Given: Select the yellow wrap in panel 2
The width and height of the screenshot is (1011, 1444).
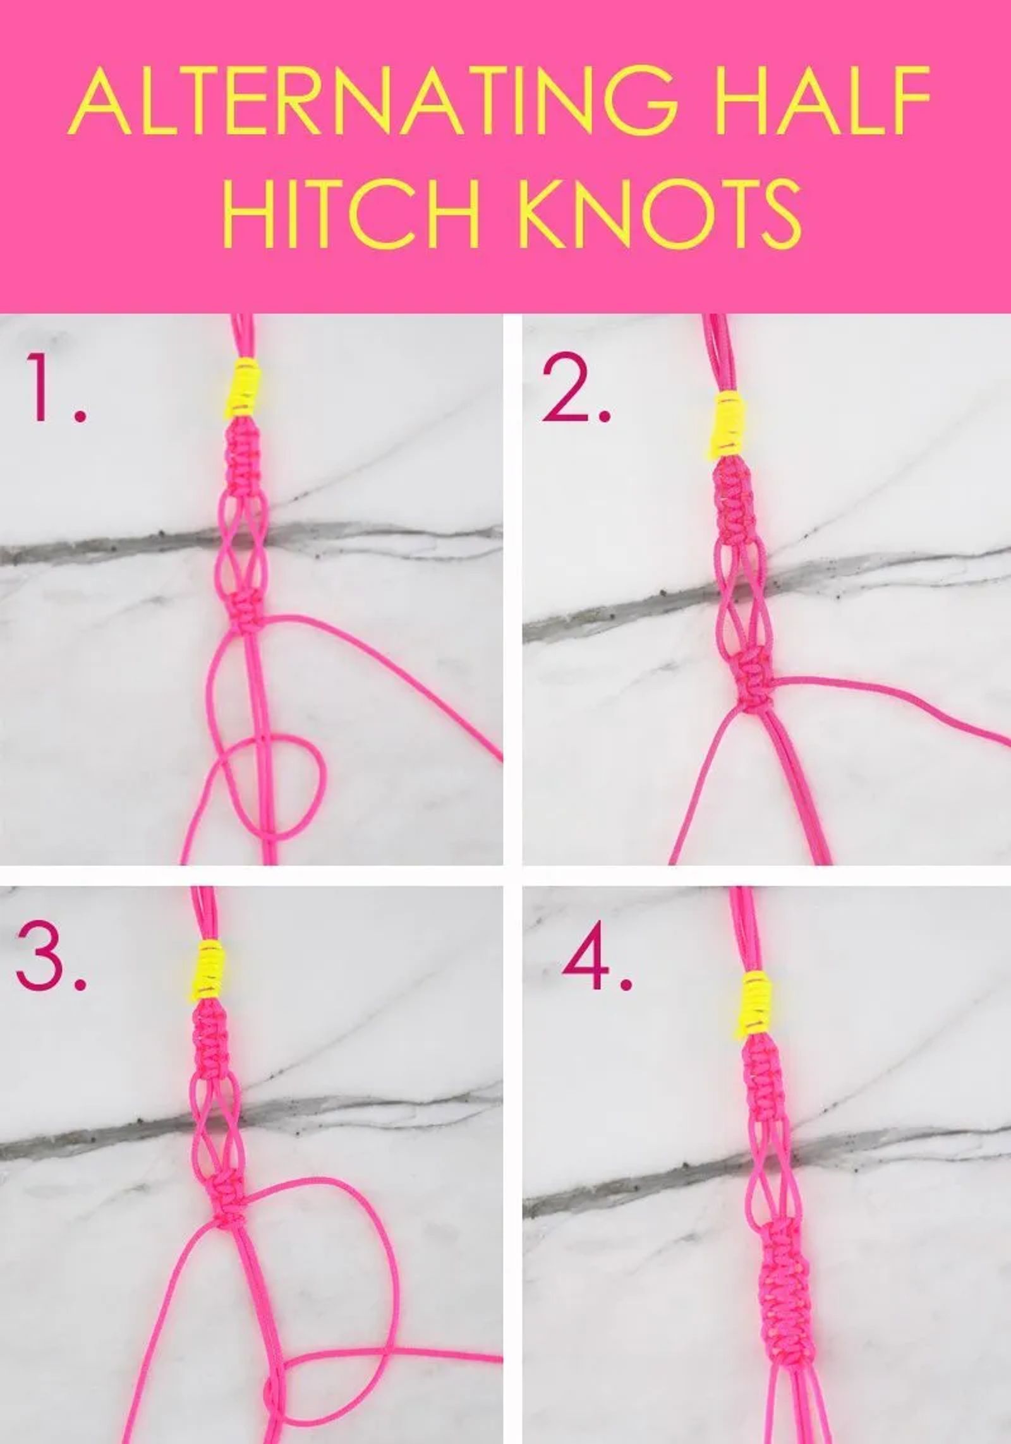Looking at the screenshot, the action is pyautogui.click(x=730, y=423).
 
